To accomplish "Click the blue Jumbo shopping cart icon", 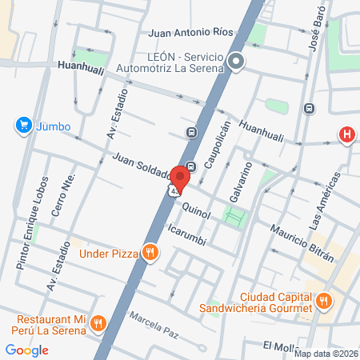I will click(22, 126).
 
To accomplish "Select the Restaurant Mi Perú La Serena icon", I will click(98, 322).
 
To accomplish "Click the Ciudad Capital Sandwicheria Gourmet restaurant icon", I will click(323, 301).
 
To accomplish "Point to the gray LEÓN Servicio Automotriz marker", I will click(235, 62).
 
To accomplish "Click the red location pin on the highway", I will click(182, 176).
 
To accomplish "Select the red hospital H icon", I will click(346, 134).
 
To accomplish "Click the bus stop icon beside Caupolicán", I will click(191, 133).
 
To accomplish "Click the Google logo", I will click(26, 350).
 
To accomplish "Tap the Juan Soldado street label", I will click(142, 166).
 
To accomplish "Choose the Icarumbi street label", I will click(190, 232).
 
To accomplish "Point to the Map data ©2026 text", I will click(326, 353).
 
